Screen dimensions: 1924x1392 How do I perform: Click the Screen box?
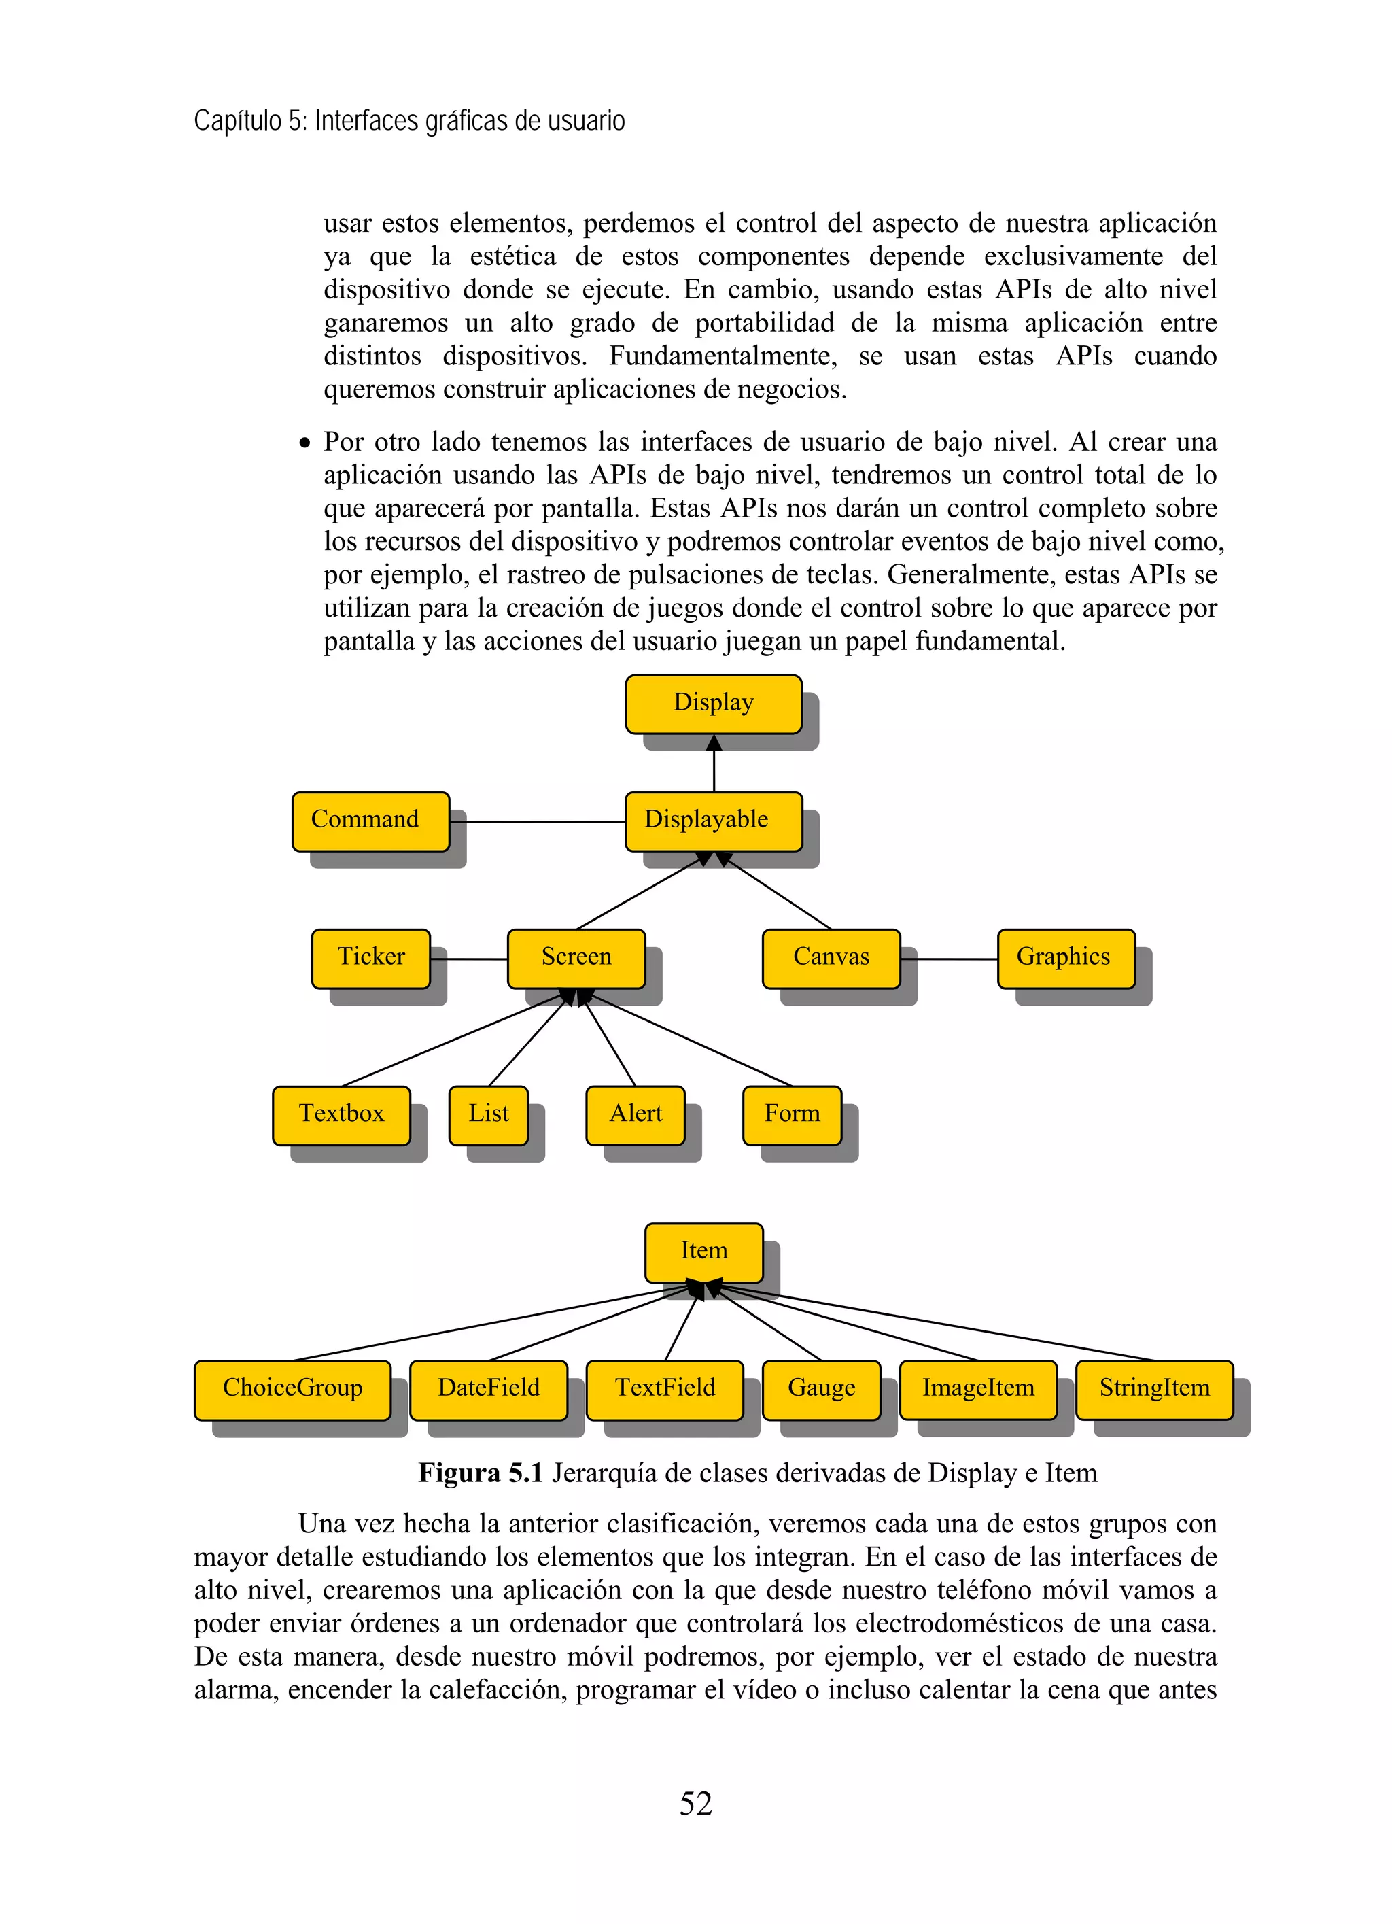click(x=576, y=958)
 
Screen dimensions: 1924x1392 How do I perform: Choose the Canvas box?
click(x=831, y=958)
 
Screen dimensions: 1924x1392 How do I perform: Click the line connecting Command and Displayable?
click(x=537, y=821)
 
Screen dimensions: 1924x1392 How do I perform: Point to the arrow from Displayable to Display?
click(x=714, y=763)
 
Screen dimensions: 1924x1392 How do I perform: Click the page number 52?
click(x=695, y=1804)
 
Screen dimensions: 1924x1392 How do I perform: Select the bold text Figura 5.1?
click(x=480, y=1473)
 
